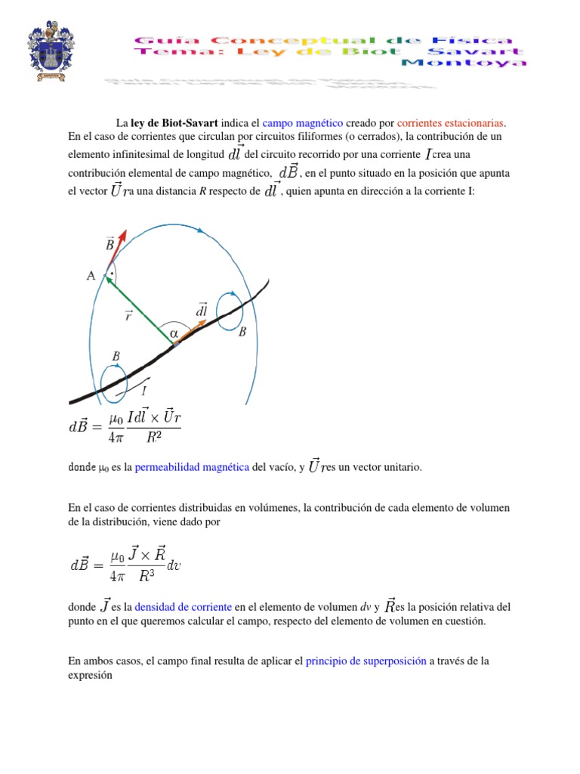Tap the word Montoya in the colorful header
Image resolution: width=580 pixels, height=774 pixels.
[x=463, y=63]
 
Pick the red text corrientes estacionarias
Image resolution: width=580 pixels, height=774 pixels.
[x=450, y=123]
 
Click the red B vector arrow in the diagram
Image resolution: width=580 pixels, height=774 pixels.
[x=117, y=250]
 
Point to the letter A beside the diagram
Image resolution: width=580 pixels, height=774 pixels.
[x=91, y=276]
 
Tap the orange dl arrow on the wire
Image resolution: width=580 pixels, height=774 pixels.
[x=193, y=333]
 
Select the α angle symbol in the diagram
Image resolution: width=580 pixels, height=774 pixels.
[x=174, y=333]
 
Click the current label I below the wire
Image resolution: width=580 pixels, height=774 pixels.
[x=145, y=391]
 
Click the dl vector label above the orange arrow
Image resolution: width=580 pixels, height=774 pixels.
[x=202, y=310]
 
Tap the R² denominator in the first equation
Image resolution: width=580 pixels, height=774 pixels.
[x=153, y=436]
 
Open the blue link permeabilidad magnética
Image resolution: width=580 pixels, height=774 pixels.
[x=192, y=468]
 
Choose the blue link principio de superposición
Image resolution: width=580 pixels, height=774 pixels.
[x=366, y=661]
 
